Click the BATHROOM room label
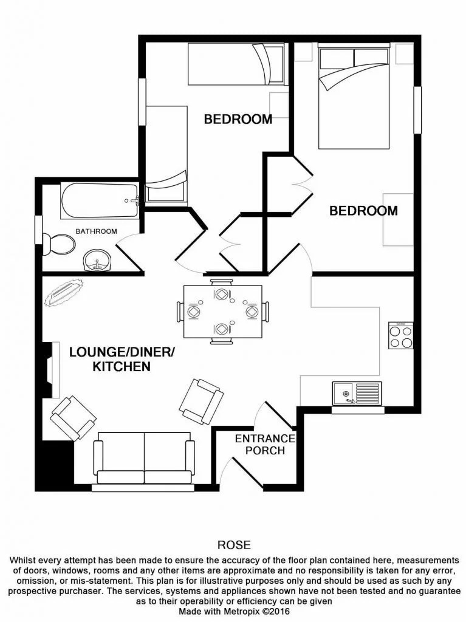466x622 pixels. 95,231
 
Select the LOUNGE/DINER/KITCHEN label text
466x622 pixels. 121,359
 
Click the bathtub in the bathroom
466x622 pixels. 100,202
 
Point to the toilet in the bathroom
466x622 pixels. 61,244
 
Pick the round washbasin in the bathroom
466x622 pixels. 97,261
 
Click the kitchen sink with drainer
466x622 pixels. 357,394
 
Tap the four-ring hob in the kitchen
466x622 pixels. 400,335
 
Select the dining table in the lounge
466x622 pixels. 222,312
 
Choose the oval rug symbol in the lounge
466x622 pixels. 64,293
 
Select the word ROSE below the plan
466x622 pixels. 233,545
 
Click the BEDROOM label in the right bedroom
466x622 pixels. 363,211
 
